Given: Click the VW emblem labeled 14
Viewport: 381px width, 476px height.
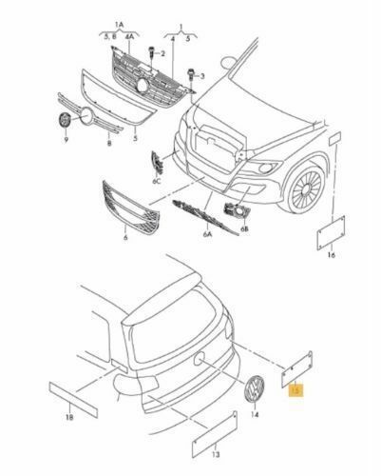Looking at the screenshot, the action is coord(255,389).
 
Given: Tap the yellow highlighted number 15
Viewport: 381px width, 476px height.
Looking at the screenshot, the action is coord(295,390).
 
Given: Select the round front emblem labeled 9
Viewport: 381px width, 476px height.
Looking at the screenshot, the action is coord(66,120).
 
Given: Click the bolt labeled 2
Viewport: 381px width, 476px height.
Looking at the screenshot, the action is coord(152,52).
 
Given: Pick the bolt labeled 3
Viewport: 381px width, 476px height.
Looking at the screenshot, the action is coord(191,75).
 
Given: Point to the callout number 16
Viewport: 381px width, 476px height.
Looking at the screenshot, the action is coord(331,255).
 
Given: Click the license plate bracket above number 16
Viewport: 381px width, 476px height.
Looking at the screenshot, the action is coord(331,232).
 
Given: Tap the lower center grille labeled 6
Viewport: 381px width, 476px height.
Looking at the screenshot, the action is coord(131,207).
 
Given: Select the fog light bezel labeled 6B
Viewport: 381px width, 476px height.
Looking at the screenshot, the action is coord(237,210).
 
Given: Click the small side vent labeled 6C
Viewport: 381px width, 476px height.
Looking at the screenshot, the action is coord(157,163).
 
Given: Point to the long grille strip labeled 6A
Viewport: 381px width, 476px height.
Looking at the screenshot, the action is coord(205,217).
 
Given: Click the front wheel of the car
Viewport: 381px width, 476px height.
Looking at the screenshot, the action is coord(305,188).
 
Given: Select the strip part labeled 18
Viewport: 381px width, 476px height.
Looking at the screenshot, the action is coord(73,400).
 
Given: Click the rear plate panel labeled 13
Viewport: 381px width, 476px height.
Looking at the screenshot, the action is coord(215,434).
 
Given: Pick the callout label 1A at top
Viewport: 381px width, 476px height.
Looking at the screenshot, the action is coord(119,24).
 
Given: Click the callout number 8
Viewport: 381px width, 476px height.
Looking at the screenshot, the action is coord(109,144).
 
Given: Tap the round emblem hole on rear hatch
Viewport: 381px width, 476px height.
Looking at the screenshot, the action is coord(200,358).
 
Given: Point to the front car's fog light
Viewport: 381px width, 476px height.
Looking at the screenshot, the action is coord(265,168).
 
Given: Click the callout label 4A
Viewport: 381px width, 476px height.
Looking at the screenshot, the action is coord(129,37).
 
